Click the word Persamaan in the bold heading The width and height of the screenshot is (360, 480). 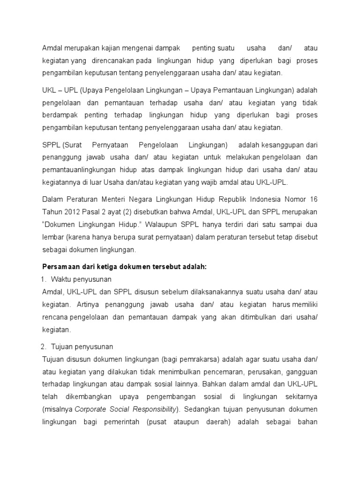[x=58, y=266]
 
